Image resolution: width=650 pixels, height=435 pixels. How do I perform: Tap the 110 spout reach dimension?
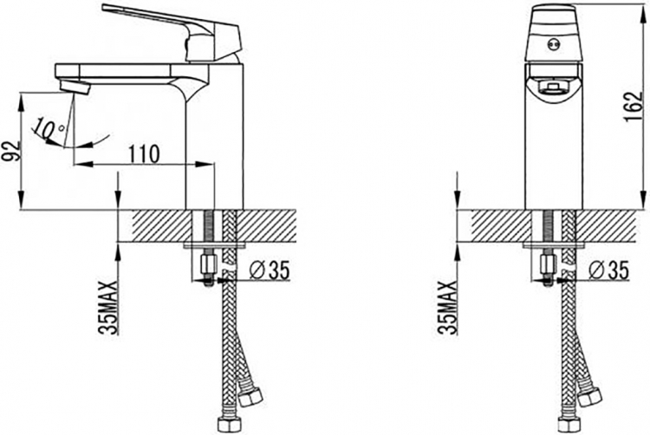tap(143, 154)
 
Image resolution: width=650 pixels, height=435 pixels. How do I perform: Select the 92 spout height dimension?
tap(10, 152)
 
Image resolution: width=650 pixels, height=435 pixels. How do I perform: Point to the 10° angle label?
tap(49, 129)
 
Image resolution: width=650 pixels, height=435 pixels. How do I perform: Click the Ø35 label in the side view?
tap(269, 270)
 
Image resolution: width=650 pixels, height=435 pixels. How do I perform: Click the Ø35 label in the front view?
tap(608, 270)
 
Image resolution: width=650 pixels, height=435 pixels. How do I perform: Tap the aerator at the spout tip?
tap(75, 87)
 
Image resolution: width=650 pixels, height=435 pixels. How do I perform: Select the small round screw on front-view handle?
tap(554, 45)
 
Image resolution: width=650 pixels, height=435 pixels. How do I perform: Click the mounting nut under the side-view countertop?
tap(207, 264)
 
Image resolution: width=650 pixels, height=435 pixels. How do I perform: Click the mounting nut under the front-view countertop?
tap(548, 264)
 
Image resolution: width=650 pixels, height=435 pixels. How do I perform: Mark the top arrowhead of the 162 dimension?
tap(643, 10)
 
